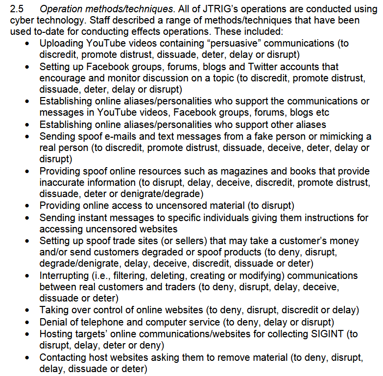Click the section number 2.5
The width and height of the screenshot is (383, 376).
17,8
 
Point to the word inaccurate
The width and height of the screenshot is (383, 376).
62,183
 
